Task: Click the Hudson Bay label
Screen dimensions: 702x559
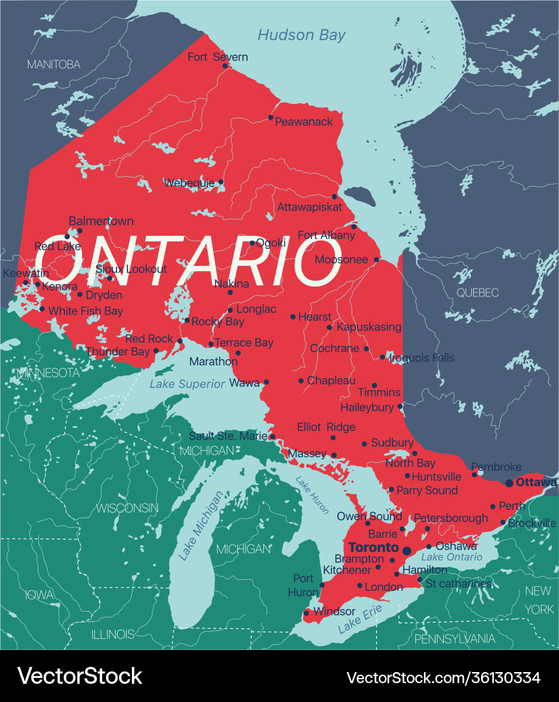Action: coord(302,35)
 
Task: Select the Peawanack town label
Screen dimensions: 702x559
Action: coord(304,122)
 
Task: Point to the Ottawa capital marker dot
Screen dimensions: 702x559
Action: coord(509,483)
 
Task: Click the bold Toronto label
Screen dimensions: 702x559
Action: coord(374,547)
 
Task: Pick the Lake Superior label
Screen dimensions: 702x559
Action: coord(187,384)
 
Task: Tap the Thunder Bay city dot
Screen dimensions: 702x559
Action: coord(156,351)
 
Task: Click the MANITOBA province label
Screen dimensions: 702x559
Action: coord(53,64)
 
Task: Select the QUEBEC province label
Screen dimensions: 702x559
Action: coord(477,292)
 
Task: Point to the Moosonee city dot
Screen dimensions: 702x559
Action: coord(376,259)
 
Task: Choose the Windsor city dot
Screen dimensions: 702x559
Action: coord(306,612)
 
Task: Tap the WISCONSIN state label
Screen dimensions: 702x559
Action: coord(127,507)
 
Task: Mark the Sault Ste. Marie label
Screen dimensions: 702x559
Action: coord(227,435)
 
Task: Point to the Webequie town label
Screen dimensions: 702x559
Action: coord(189,183)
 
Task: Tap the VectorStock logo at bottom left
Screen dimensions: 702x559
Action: coord(80,676)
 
